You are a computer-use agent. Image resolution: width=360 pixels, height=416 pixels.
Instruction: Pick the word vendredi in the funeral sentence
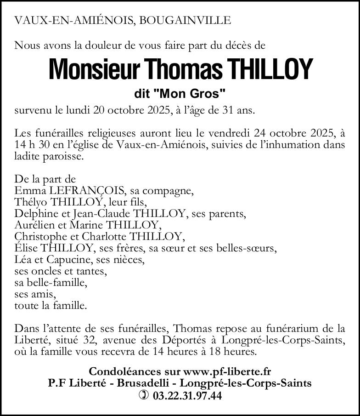(x=228, y=133)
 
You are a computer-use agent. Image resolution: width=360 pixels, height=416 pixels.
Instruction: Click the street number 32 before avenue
(x=90, y=340)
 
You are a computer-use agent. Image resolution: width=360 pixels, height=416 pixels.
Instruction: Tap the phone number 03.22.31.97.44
(x=187, y=395)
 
